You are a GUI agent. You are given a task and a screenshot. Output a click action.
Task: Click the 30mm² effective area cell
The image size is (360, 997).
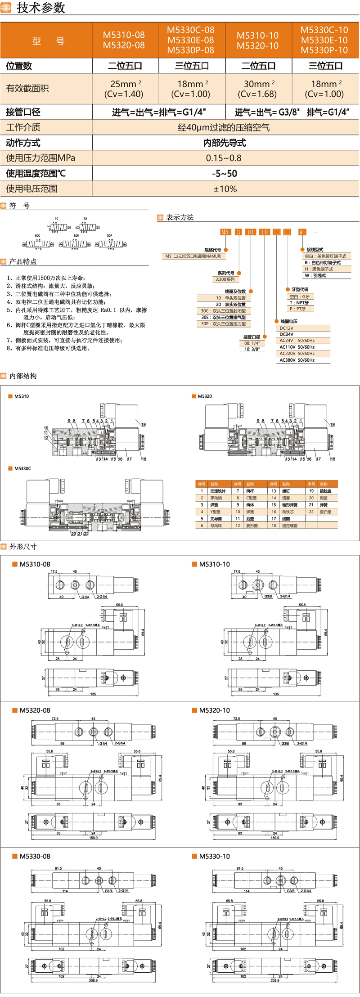(257, 89)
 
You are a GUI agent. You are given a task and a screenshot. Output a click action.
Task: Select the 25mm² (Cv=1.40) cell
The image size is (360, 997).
(124, 89)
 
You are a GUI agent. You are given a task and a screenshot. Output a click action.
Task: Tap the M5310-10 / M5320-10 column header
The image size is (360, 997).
(258, 40)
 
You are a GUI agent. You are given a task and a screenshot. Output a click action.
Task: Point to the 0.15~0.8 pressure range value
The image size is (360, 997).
(224, 158)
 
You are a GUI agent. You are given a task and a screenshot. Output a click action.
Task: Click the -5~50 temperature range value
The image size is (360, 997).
(225, 174)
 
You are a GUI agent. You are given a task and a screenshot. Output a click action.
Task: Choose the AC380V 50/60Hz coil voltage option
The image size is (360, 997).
(297, 360)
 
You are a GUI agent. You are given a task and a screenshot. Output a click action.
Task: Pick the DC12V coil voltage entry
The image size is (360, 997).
(287, 328)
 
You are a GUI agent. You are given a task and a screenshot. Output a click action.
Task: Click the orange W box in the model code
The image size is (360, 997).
(301, 232)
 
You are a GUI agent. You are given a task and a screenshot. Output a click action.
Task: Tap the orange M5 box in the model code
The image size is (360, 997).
(225, 232)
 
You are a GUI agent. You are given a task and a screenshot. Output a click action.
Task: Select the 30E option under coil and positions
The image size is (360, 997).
(223, 317)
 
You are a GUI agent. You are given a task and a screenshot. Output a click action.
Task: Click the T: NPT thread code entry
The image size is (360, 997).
(299, 303)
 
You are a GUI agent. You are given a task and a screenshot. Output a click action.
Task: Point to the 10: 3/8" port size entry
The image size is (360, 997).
(252, 349)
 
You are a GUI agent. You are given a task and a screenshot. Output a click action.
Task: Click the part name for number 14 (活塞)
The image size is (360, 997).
(286, 498)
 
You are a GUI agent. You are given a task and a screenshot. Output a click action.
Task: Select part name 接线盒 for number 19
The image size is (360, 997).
(325, 491)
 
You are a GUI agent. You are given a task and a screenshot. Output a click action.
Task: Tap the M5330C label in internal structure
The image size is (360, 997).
(22, 468)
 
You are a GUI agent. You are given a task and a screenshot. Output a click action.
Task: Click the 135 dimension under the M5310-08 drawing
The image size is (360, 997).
(93, 694)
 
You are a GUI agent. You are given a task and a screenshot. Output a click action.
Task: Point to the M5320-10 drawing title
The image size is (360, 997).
(214, 710)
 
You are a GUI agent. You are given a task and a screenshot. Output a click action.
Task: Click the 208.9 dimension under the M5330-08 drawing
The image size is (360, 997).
(93, 980)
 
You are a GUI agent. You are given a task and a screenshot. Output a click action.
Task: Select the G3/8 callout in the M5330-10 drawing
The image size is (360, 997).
(291, 891)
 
